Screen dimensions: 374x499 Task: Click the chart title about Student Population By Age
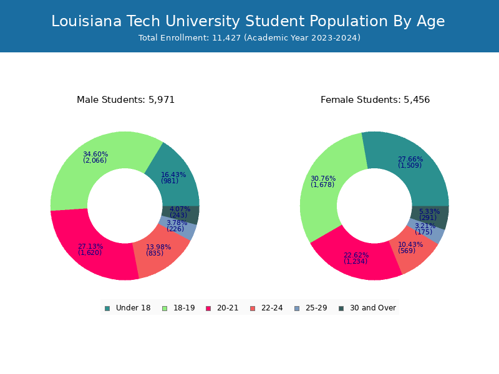[248, 21]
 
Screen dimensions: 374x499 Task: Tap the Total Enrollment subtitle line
[249, 38]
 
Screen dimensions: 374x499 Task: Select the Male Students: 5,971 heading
[125, 100]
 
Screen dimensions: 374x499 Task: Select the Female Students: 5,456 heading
[375, 100]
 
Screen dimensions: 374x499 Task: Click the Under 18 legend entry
[127, 308]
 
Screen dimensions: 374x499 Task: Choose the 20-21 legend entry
[222, 308]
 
